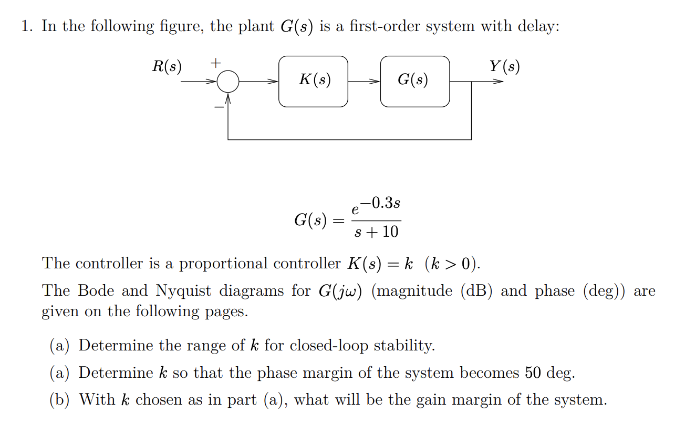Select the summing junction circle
[228, 82]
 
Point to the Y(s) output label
[504, 67]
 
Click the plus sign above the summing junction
[215, 63]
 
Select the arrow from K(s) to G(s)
[364, 82]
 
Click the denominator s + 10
[376, 232]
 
